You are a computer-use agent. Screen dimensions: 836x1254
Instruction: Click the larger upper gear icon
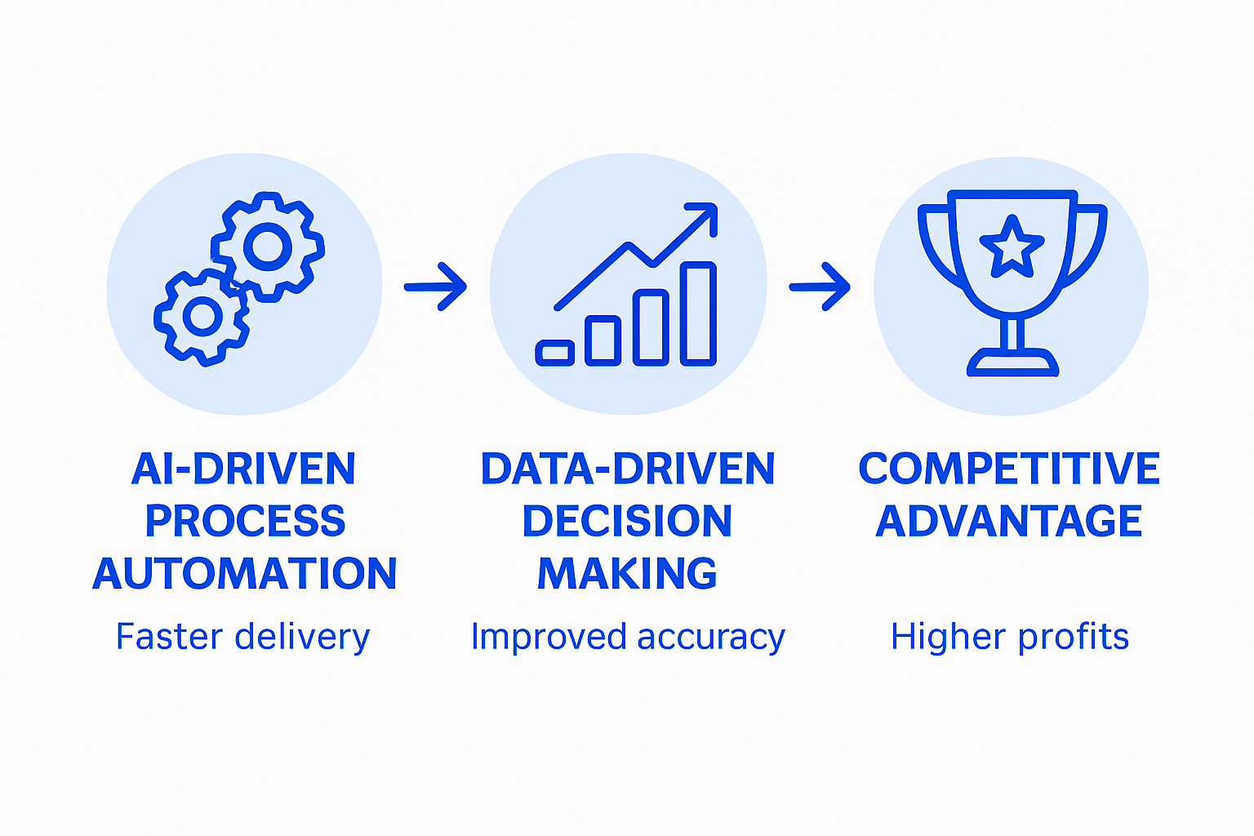click(268, 246)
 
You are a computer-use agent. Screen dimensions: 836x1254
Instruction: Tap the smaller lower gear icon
click(202, 317)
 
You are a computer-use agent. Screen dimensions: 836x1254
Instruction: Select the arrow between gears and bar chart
click(435, 287)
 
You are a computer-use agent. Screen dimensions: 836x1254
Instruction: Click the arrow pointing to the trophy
click(820, 287)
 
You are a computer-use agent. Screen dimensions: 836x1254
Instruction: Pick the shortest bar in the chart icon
click(555, 353)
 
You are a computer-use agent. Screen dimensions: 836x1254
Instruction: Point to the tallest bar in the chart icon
click(698, 313)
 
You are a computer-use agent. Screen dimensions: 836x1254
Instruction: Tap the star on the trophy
click(1012, 246)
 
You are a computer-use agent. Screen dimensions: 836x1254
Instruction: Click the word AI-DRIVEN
click(243, 469)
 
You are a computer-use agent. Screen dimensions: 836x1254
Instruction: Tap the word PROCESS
click(245, 522)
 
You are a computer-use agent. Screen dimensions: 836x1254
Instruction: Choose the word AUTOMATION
click(245, 574)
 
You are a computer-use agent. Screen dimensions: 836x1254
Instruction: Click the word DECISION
click(627, 522)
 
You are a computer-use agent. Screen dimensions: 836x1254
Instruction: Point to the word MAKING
click(627, 574)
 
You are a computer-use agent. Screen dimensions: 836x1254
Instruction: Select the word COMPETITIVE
click(1009, 469)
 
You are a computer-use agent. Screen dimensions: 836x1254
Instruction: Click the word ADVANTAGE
click(1009, 522)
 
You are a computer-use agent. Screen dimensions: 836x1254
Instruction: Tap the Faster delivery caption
click(242, 637)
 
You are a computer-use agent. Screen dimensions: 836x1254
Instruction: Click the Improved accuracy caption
click(627, 637)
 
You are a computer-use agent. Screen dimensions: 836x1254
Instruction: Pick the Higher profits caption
click(1009, 637)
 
